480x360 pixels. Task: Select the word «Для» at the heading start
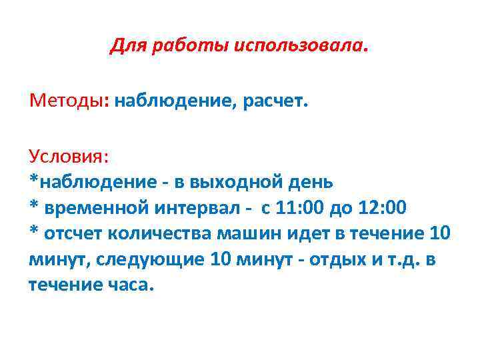tap(125, 46)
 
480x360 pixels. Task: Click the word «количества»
tap(160, 234)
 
